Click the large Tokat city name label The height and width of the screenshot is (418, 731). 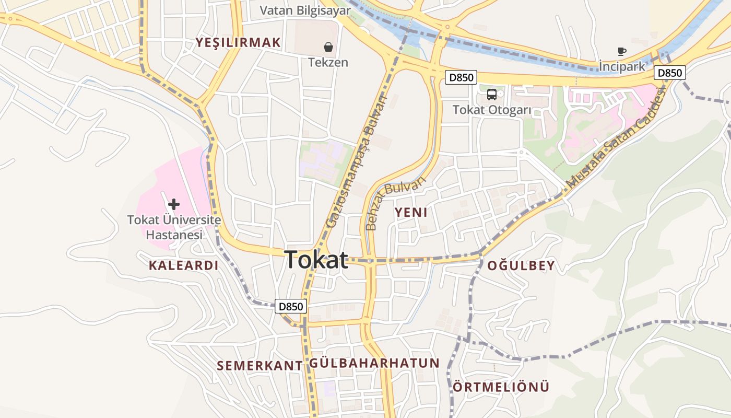pyautogui.click(x=316, y=260)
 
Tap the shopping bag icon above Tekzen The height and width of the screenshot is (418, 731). pyautogui.click(x=328, y=47)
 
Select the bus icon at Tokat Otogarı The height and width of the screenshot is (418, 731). pyautogui.click(x=492, y=95)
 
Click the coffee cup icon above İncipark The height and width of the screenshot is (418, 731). pyautogui.click(x=621, y=51)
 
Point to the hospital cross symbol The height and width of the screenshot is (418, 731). pyautogui.click(x=174, y=204)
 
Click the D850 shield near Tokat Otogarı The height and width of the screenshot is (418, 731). pyautogui.click(x=462, y=78)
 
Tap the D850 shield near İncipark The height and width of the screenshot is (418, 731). pyautogui.click(x=670, y=73)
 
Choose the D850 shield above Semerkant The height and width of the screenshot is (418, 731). pyautogui.click(x=291, y=307)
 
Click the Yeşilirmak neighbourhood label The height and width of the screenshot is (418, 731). pyautogui.click(x=238, y=43)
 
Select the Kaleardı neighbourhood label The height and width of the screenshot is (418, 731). pyautogui.click(x=183, y=265)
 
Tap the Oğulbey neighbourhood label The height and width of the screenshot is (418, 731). pyautogui.click(x=521, y=266)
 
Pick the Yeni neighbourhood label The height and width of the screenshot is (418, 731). pyautogui.click(x=411, y=213)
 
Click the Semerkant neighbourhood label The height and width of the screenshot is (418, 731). pyautogui.click(x=260, y=366)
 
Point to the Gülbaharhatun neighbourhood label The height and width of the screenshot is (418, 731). pyautogui.click(x=374, y=363)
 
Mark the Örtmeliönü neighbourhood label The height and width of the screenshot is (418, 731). pyautogui.click(x=501, y=387)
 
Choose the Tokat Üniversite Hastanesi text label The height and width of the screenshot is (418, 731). pyautogui.click(x=174, y=228)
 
